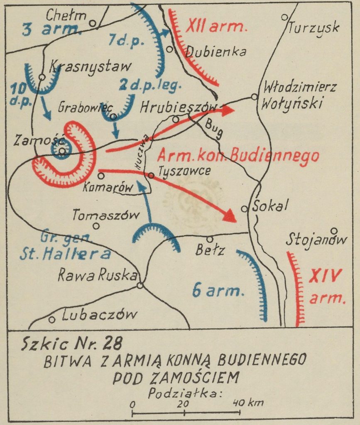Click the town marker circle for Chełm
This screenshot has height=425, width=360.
(93, 23)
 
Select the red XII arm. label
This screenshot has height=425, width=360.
(216, 27)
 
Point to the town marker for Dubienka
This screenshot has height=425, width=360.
(170, 49)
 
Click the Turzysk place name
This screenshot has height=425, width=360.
(314, 28)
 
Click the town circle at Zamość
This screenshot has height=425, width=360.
(61, 151)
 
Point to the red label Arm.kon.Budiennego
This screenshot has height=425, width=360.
(238, 156)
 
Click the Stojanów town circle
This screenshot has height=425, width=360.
(334, 231)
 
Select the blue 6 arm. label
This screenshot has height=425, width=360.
(217, 291)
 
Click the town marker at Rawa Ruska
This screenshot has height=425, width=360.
(140, 285)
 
